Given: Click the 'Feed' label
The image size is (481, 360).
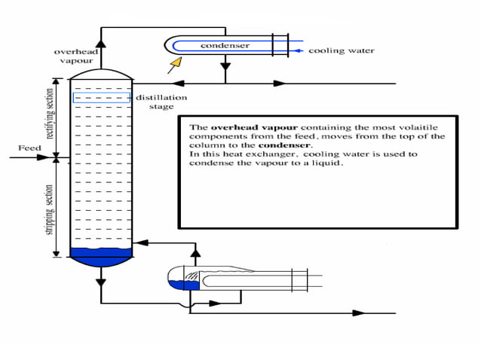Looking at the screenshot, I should (29, 148).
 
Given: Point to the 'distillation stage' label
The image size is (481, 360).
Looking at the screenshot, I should (161, 102).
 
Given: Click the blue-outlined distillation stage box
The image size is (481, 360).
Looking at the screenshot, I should (101, 98).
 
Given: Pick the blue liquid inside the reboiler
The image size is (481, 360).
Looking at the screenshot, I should (183, 284).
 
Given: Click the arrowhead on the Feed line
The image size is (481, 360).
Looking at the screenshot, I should (54, 157).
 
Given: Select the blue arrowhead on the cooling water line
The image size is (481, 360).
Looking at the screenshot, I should (301, 51).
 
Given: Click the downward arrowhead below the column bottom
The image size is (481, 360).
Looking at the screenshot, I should (101, 281).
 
